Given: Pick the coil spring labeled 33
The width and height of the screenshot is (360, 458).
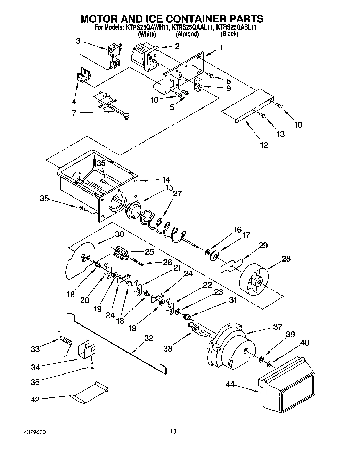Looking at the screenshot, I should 66,339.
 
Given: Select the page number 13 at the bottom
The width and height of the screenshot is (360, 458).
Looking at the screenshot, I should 173,432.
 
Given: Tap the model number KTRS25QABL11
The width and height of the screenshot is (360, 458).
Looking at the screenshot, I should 237,27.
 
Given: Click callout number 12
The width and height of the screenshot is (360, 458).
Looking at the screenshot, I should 264,145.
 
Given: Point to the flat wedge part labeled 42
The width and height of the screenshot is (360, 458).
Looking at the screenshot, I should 89,393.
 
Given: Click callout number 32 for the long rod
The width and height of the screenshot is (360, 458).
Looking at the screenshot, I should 148,338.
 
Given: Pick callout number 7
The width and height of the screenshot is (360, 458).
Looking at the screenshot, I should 74,113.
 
